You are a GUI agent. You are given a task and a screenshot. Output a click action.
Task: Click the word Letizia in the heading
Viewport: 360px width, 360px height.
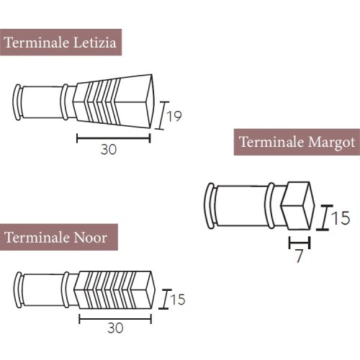(x=94, y=42)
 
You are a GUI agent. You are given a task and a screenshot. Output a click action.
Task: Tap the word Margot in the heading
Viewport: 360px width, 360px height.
(x=331, y=143)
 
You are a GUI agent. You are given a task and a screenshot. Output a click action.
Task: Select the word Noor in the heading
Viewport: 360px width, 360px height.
(x=90, y=238)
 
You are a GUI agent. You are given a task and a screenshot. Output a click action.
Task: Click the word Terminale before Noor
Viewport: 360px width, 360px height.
(x=37, y=238)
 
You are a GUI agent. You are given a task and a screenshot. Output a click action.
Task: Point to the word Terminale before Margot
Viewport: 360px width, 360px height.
(x=271, y=142)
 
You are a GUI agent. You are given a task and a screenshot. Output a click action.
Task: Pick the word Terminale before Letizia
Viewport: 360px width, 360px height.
(x=37, y=42)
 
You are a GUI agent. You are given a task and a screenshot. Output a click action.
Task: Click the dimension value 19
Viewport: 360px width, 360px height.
(x=174, y=117)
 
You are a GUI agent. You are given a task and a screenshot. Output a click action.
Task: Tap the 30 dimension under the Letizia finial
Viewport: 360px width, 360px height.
(x=109, y=149)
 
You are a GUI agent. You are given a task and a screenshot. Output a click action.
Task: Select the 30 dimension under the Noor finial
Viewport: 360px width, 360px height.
(x=115, y=328)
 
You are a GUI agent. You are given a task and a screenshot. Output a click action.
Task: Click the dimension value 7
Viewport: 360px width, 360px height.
(x=299, y=256)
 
